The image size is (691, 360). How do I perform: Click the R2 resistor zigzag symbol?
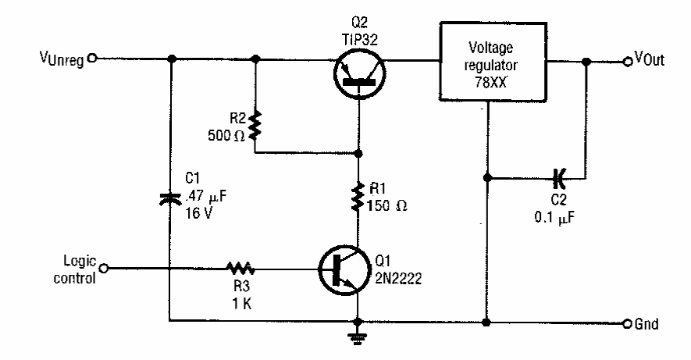click(x=256, y=127)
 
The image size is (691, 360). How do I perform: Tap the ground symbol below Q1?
click(x=358, y=337)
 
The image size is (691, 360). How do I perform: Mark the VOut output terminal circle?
click(x=627, y=59)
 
